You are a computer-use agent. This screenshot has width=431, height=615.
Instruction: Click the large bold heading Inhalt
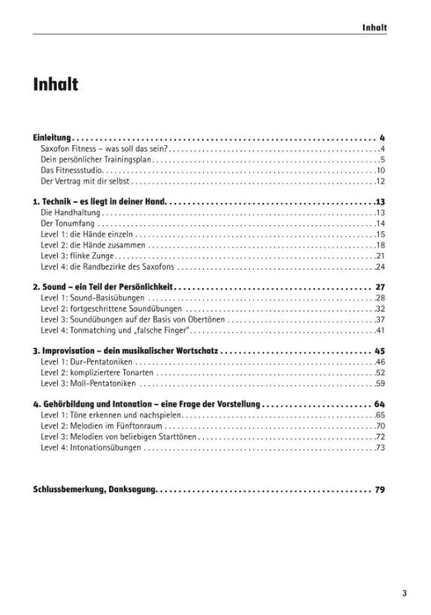point(55,84)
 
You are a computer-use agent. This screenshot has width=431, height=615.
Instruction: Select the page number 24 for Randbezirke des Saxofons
point(381,266)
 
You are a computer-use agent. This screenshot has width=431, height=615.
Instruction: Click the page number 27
point(380,288)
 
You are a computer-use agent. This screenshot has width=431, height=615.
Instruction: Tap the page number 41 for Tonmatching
point(381,330)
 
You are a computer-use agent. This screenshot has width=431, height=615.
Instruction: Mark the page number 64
point(380,404)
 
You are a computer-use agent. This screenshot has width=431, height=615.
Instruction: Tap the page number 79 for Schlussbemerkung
point(380,489)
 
